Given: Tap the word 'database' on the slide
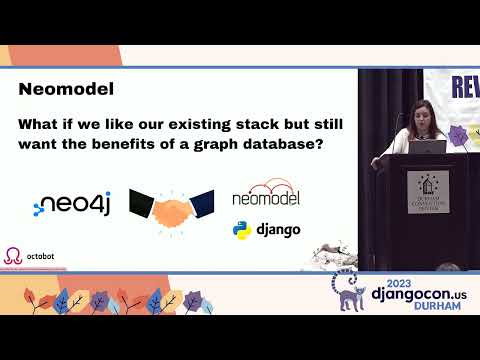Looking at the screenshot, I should coord(293,146).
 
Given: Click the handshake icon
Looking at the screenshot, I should coord(172,205).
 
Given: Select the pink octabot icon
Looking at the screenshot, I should coord(12,256).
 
